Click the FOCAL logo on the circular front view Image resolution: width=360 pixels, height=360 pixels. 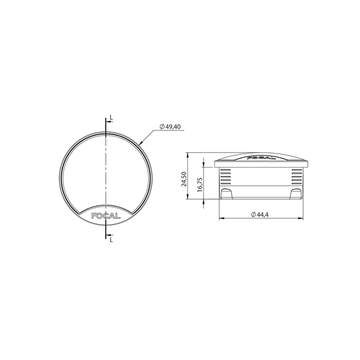[x=106, y=214]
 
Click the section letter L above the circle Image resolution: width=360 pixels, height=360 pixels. [x=111, y=118]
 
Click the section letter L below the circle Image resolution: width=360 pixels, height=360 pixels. [x=111, y=240]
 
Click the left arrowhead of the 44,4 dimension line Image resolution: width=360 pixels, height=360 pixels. [x=218, y=218]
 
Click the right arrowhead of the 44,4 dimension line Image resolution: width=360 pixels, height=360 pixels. [x=304, y=218]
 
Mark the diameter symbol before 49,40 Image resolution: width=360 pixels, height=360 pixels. [x=162, y=127]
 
